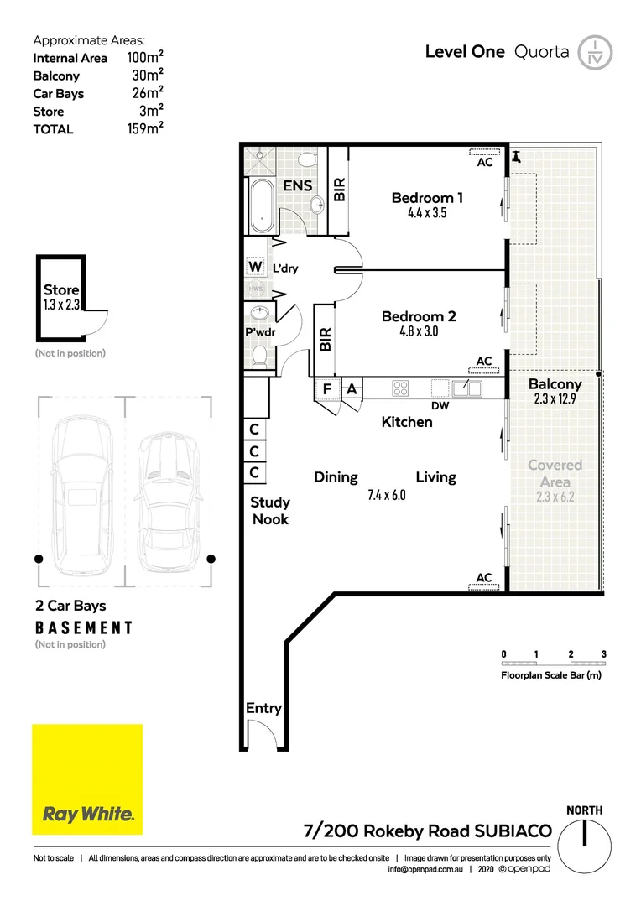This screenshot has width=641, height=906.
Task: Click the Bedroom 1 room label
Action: tap(427, 198)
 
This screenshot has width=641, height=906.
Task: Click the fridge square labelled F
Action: tap(327, 389)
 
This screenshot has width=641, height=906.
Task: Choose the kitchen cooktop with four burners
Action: tap(401, 388)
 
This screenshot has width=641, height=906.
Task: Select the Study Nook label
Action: tap(270, 511)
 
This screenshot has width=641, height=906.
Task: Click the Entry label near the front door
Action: tap(263, 708)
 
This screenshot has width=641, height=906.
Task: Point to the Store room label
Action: tap(61, 290)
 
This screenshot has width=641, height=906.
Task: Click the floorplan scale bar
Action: tap(553, 664)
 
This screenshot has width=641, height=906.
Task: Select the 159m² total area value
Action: tap(143, 128)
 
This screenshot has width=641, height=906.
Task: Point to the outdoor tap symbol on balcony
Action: tap(516, 156)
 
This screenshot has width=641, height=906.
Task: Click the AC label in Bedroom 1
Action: tap(485, 164)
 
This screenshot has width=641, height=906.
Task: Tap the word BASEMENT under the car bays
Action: tap(84, 627)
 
